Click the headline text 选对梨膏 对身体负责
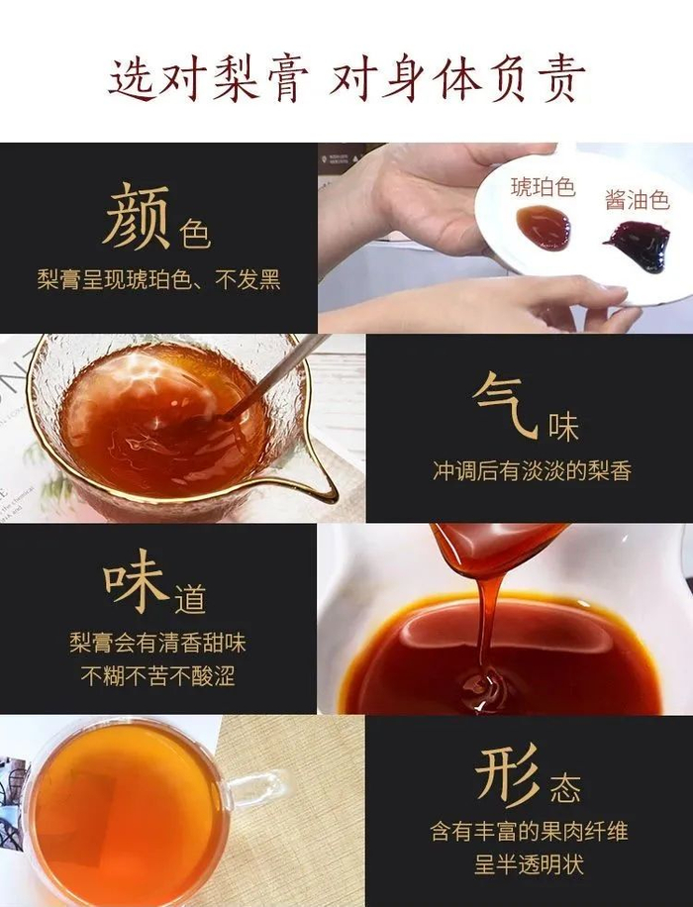click(x=346, y=79)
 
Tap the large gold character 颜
click(x=137, y=216)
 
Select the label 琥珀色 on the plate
click(x=543, y=187)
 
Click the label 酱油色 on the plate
click(x=637, y=200)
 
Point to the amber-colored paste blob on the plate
click(x=543, y=228)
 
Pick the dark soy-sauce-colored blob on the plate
click(x=639, y=246)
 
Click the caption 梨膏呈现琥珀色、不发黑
click(x=159, y=280)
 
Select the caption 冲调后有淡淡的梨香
click(x=533, y=471)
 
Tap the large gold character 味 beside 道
click(x=137, y=580)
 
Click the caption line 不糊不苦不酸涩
click(x=158, y=675)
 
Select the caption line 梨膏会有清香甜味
click(x=158, y=643)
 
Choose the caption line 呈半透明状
click(x=529, y=864)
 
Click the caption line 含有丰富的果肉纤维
click(x=529, y=832)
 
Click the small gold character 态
click(x=565, y=788)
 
